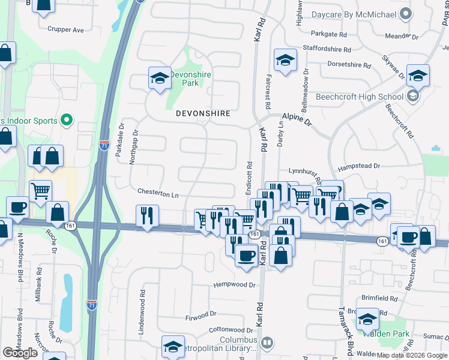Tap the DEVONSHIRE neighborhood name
coord(203,113)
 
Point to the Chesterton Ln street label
coord(158,194)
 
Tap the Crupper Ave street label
coord(65,29)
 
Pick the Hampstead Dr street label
coord(360,166)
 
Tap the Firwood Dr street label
coord(200,314)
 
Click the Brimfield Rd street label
coord(379,298)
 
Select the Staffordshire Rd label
coord(326,49)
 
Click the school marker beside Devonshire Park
coord(160,78)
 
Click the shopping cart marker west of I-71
coord(40,191)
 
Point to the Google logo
coord(20,353)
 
